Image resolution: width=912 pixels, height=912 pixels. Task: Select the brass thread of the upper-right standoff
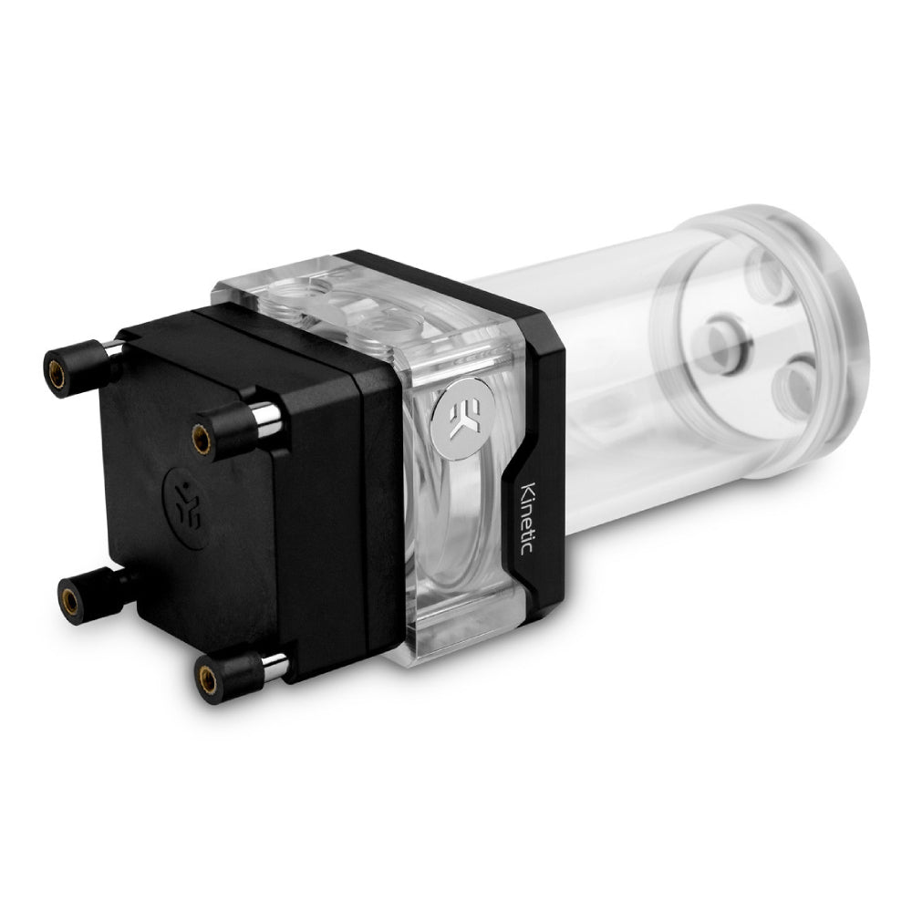tap(202, 439)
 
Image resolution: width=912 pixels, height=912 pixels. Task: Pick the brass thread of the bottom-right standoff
tap(205, 679)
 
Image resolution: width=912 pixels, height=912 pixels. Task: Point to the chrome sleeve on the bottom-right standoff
tap(275, 668)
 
